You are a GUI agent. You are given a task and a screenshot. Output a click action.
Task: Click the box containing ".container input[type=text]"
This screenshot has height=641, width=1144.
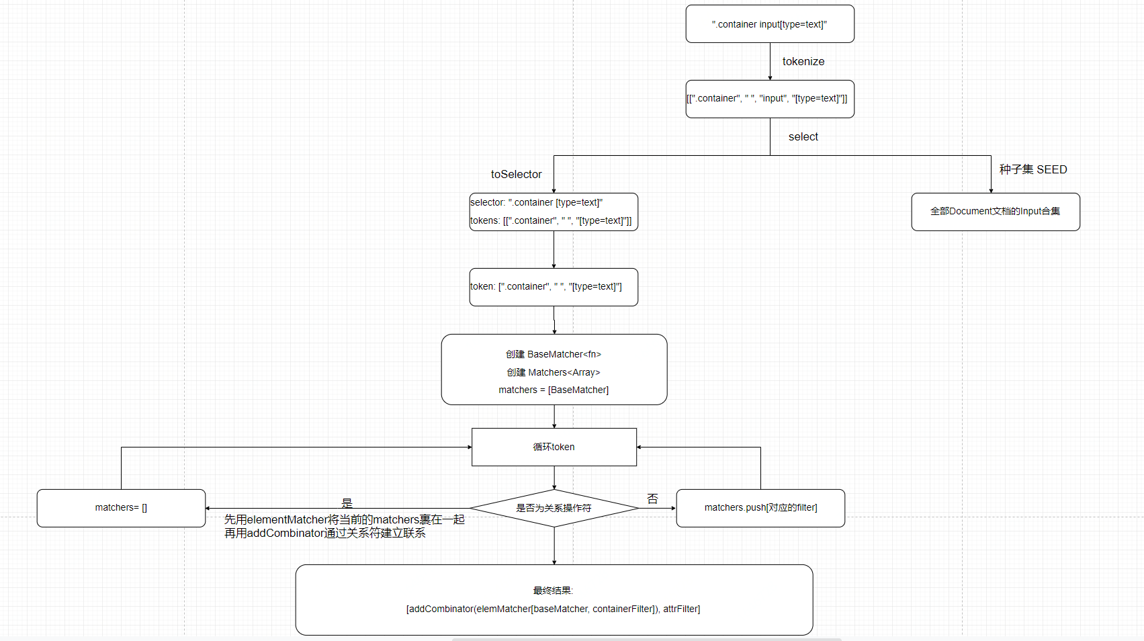pyautogui.click(x=770, y=24)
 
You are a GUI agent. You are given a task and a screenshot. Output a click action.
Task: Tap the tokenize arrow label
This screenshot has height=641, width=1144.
pyautogui.click(x=803, y=61)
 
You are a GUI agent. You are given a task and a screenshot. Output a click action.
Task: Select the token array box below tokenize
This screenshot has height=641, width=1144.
pyautogui.click(x=770, y=99)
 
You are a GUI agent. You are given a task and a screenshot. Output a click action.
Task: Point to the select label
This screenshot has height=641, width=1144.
pyautogui.click(x=803, y=137)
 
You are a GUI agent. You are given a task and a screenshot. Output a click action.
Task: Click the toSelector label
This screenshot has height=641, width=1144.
pyautogui.click(x=517, y=174)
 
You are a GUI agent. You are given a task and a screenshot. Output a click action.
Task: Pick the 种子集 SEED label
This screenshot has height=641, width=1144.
pyautogui.click(x=1033, y=169)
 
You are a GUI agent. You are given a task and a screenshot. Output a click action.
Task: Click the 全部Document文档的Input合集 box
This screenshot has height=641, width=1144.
pyautogui.click(x=996, y=212)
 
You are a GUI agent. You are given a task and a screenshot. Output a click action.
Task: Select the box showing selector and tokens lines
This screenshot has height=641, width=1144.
pyautogui.click(x=554, y=212)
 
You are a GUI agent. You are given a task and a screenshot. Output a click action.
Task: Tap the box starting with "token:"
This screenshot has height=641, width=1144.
pyautogui.click(x=554, y=287)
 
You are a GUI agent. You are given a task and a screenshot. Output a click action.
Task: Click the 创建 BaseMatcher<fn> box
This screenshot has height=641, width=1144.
pyautogui.click(x=554, y=370)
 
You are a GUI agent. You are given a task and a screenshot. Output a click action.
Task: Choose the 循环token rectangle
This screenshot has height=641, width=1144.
pyautogui.click(x=554, y=447)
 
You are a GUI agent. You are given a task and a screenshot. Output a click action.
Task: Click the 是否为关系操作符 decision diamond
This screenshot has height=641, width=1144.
pyautogui.click(x=554, y=508)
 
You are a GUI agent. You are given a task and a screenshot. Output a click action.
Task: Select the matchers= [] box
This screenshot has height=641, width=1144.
pyautogui.click(x=121, y=508)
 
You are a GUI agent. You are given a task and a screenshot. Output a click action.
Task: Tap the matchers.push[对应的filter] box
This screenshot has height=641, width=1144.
pyautogui.click(x=760, y=508)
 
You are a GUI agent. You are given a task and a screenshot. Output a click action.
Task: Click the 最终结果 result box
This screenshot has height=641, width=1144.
pyautogui.click(x=554, y=600)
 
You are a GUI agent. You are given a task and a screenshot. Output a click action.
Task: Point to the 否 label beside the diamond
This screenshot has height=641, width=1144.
pyautogui.click(x=653, y=499)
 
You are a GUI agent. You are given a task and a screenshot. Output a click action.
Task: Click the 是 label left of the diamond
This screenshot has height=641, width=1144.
pyautogui.click(x=347, y=503)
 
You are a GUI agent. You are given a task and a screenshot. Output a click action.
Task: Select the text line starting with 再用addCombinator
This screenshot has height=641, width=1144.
pyautogui.click(x=325, y=533)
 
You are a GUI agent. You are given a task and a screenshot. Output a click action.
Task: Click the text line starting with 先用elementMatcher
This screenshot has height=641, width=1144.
pyautogui.click(x=344, y=519)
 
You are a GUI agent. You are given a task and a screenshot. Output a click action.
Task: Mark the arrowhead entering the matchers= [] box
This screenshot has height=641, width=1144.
pyautogui.click(x=208, y=508)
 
